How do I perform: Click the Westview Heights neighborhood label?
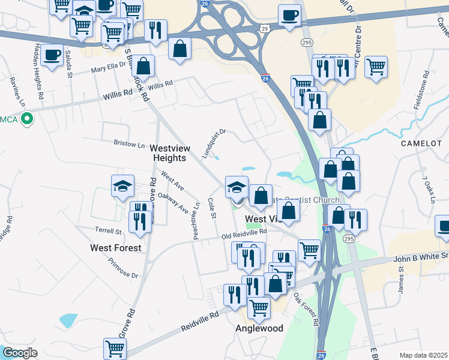[169, 152]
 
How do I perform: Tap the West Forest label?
[116, 247]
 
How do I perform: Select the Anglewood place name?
[259, 329]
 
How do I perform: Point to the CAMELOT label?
[420, 144]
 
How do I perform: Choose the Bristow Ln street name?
[130, 144]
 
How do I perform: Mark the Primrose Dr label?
[123, 268]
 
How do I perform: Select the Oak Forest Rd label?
[306, 308]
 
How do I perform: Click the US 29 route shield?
[265, 28]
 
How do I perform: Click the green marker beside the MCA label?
[26, 119]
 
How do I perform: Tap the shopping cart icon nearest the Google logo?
[115, 347]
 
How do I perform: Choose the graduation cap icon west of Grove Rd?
[122, 186]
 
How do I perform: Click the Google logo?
[20, 353]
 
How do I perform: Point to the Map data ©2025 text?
[424, 355]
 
